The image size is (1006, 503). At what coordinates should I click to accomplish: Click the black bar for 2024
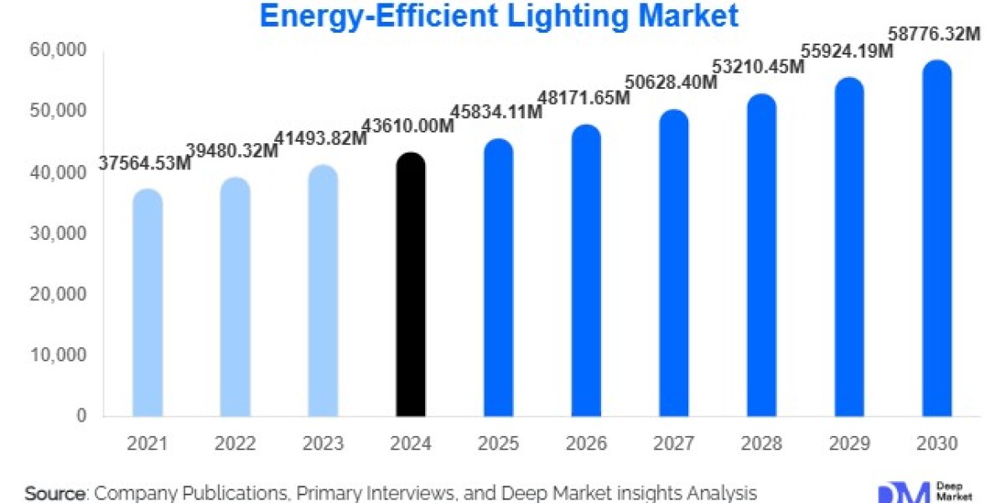click(411, 285)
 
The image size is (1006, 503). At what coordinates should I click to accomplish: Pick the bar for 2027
click(673, 263)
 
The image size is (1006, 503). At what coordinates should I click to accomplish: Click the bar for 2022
click(236, 298)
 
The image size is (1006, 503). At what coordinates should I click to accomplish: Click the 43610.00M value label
click(407, 127)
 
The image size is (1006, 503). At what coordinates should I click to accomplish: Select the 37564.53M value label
click(145, 164)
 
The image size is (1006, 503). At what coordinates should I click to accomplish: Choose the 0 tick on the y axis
click(81, 416)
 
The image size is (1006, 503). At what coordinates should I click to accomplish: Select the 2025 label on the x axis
click(498, 443)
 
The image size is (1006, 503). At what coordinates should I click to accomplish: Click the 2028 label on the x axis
click(761, 443)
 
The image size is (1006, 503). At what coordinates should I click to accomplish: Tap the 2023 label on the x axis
click(323, 443)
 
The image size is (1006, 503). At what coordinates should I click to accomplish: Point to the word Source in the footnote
click(55, 493)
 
